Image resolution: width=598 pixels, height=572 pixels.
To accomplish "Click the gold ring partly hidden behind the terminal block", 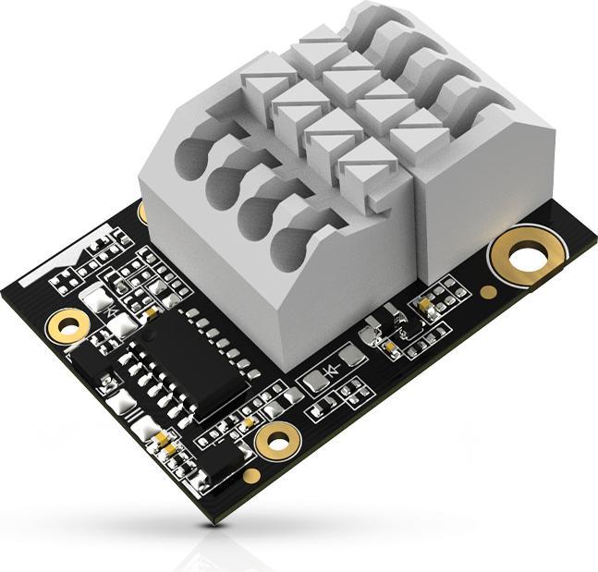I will (143, 213).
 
